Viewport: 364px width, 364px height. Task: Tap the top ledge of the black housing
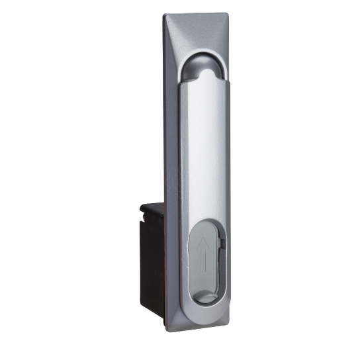coord(156,207)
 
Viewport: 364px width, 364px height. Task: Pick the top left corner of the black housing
coord(142,206)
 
